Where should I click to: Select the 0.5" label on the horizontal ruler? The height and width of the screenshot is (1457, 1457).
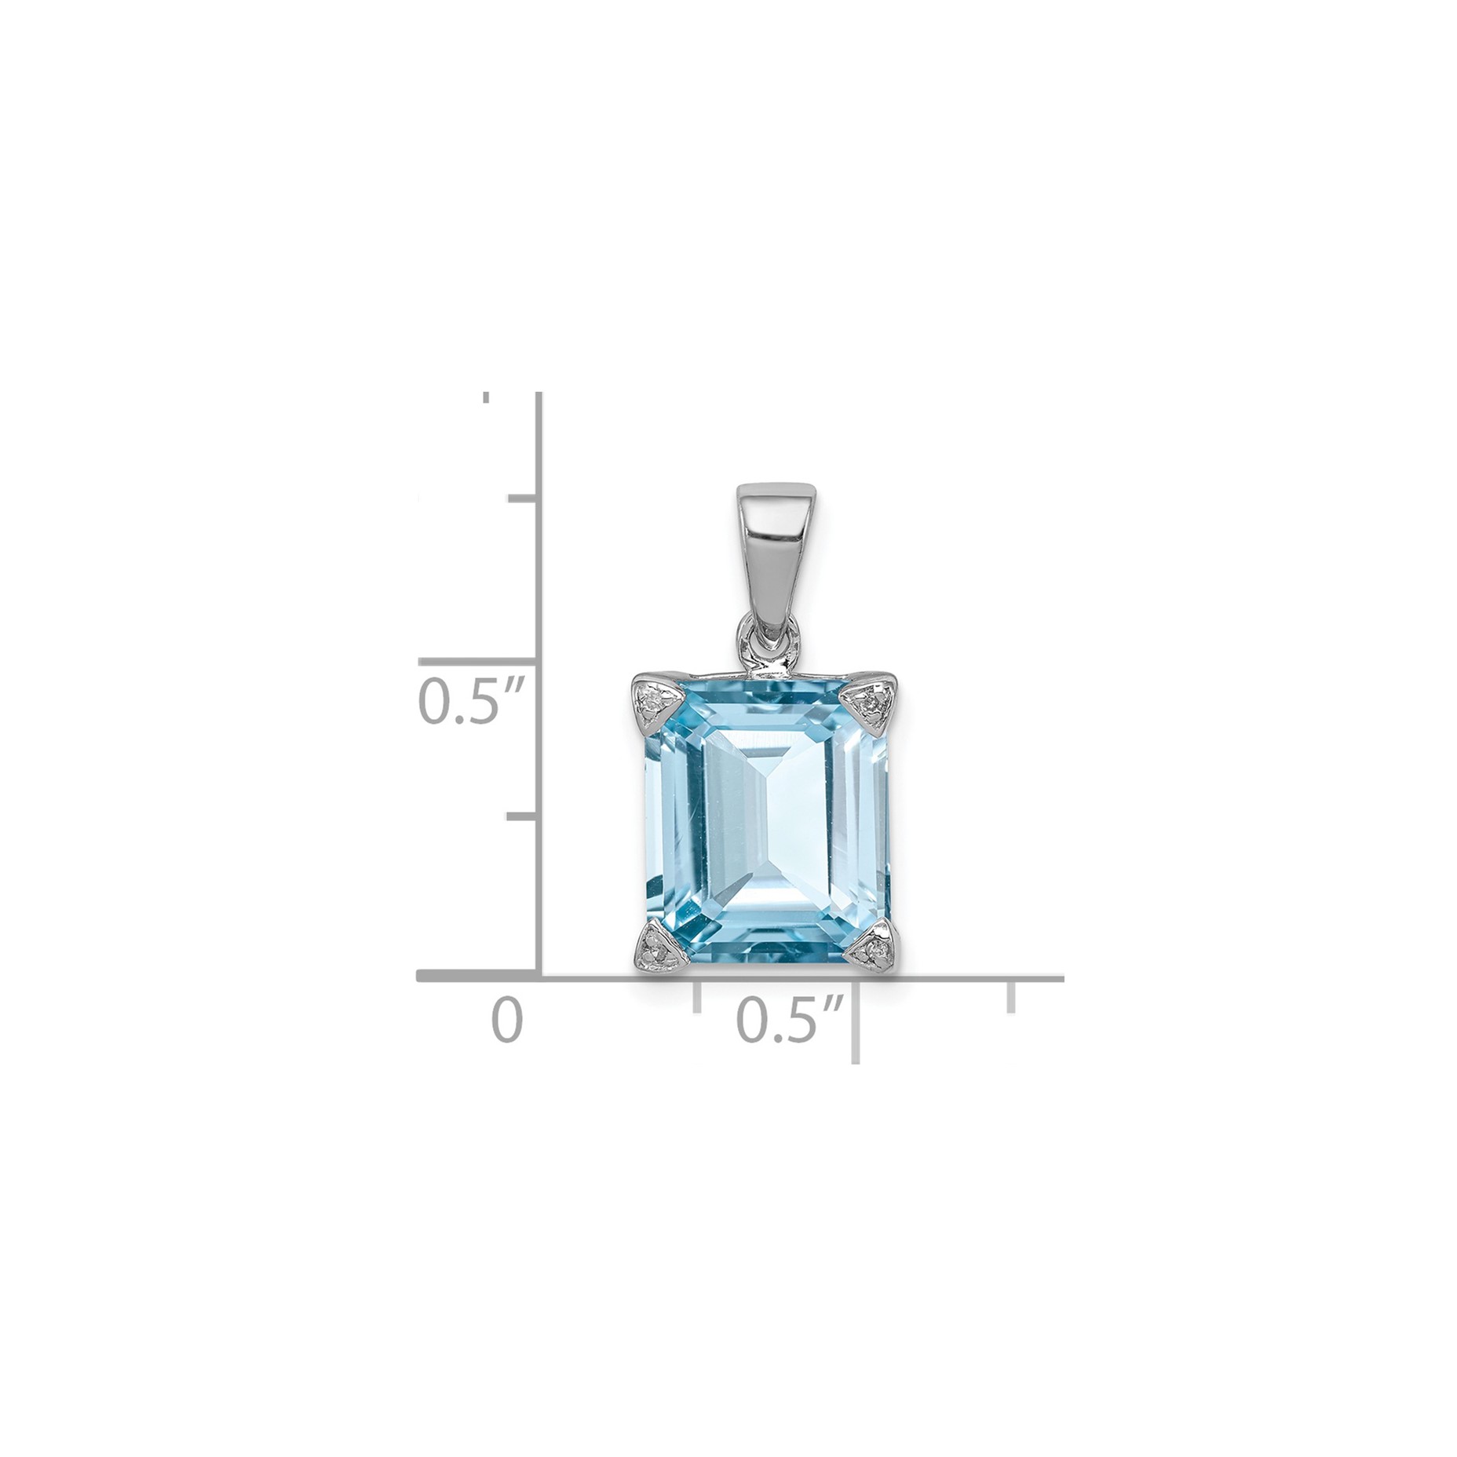(x=791, y=1021)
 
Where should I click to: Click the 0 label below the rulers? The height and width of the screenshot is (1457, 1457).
(x=506, y=1020)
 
